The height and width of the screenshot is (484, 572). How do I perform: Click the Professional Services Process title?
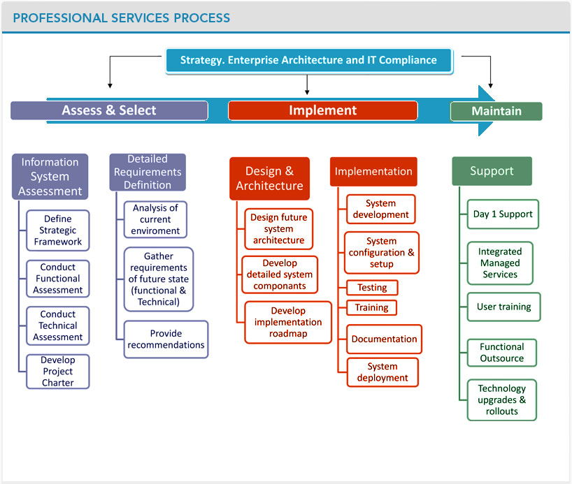click(121, 17)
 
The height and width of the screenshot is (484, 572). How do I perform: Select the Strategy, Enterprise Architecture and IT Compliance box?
click(308, 60)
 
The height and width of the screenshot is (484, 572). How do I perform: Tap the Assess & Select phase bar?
click(109, 110)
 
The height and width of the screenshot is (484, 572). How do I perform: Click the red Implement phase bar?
click(322, 110)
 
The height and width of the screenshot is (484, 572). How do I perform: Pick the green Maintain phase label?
click(496, 111)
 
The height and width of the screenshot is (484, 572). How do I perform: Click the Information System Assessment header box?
click(50, 177)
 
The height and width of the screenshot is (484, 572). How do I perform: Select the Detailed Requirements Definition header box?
click(148, 173)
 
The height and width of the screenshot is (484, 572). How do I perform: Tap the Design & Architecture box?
click(269, 179)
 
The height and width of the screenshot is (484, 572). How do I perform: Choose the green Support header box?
click(492, 171)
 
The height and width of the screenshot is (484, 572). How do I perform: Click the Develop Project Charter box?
click(58, 372)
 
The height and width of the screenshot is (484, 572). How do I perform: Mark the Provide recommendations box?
click(166, 339)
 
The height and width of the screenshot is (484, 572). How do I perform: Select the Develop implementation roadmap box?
click(288, 322)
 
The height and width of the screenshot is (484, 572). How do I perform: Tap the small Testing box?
click(372, 288)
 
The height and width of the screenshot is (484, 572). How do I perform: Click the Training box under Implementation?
click(372, 307)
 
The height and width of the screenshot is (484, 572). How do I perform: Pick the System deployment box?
click(382, 372)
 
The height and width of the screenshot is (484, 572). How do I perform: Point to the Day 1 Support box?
click(503, 214)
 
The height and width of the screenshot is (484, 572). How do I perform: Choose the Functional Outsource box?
click(503, 353)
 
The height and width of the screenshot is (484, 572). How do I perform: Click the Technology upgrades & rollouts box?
click(501, 400)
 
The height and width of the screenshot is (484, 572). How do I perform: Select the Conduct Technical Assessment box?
click(58, 325)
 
